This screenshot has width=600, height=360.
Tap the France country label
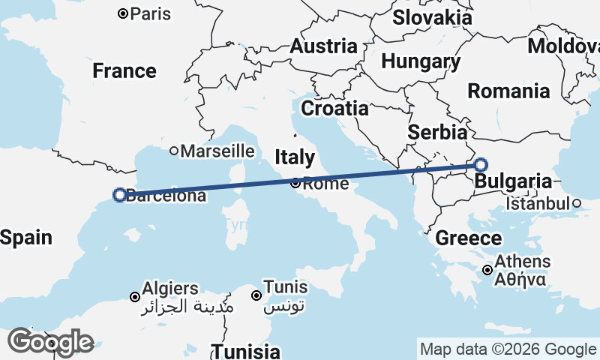[124, 71]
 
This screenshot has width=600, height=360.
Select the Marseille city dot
[174, 151]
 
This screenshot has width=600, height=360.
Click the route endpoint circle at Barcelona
[118, 195]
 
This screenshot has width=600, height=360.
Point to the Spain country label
[26, 238]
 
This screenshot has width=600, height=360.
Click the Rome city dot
[295, 183]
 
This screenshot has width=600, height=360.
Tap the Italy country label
[295, 157]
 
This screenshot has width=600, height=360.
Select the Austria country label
[323, 46]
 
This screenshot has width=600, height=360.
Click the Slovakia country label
[433, 17]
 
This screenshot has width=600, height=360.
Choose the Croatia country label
[335, 108]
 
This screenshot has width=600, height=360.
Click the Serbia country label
[437, 133]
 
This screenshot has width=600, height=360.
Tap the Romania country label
[508, 91]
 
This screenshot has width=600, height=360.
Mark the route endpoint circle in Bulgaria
[481, 165]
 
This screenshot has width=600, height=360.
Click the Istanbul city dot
[576, 203]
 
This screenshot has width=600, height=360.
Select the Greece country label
[469, 238]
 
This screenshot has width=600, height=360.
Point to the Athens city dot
[487, 270]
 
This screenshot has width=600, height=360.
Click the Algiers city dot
[135, 296]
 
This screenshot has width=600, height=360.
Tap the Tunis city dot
[256, 295]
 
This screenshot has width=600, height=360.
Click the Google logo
[50, 342]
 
